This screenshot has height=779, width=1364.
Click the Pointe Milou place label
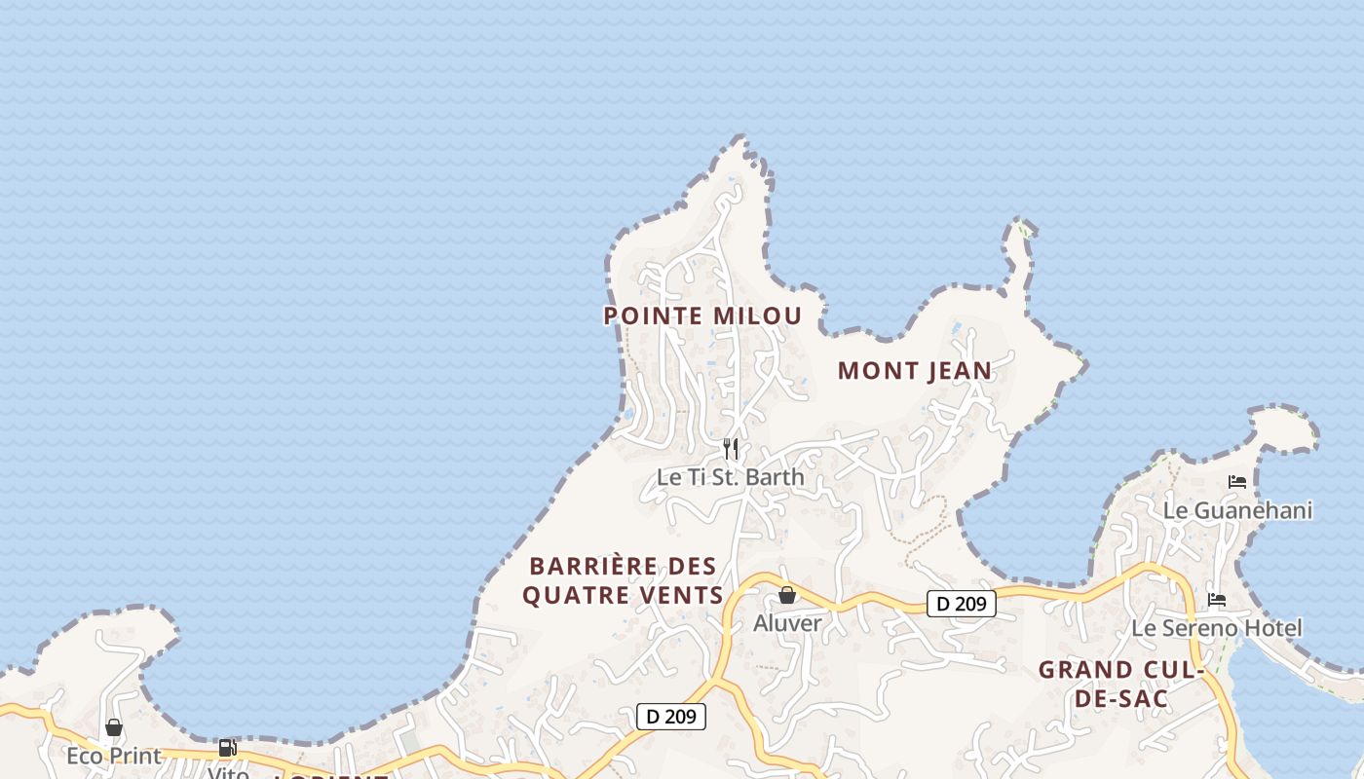point(702,315)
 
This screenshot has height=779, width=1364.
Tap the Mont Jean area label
point(914,371)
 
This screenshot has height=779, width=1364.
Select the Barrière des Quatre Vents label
point(624,580)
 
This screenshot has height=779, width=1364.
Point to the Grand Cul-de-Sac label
point(1121,684)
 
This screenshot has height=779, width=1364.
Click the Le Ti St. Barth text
point(731,477)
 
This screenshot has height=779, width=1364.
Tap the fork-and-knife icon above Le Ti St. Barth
point(731,449)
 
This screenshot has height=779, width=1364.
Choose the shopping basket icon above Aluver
point(787,595)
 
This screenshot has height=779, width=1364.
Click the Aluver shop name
point(787,623)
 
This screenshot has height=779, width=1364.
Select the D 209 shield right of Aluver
point(961,604)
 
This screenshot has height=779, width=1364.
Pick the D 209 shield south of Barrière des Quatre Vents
point(670,717)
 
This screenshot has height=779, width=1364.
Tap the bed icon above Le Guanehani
point(1237,481)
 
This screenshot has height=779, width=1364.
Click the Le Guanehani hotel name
point(1238,510)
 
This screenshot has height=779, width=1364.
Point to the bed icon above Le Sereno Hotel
point(1216,599)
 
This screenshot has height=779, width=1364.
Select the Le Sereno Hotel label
point(1216,628)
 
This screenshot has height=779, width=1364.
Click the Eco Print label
point(113,756)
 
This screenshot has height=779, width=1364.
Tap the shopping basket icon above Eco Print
point(114,727)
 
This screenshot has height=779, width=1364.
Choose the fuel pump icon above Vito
point(227,748)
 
